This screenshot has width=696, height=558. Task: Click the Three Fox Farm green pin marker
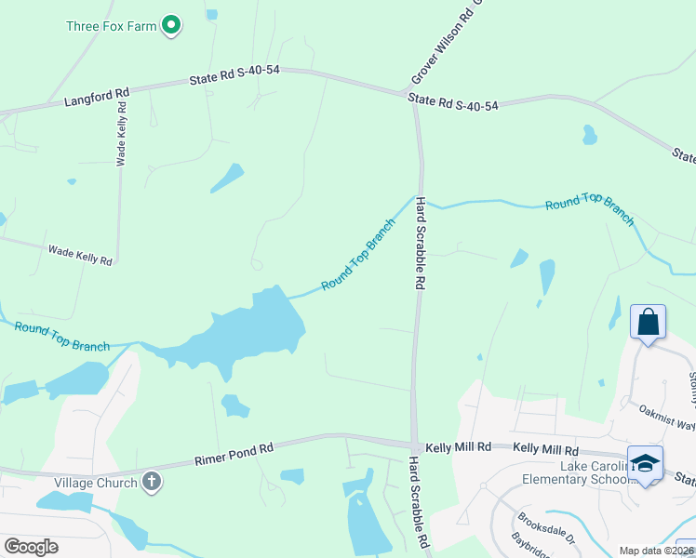(171, 25)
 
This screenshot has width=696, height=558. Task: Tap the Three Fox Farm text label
(112, 26)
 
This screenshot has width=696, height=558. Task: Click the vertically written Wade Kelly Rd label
(121, 136)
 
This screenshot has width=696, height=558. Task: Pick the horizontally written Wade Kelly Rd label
(80, 255)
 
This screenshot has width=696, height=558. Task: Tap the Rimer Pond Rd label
(234, 454)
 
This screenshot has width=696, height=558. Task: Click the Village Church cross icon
(152, 482)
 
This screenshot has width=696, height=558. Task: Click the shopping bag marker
(648, 323)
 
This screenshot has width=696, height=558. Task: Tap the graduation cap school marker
(645, 462)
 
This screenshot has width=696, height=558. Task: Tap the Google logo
(31, 547)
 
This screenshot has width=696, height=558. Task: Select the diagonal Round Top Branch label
(358, 255)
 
